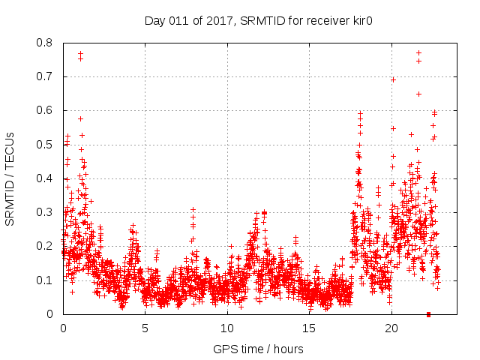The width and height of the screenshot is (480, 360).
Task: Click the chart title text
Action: [x=259, y=21]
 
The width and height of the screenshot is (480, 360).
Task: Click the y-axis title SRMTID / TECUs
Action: [x=10, y=178]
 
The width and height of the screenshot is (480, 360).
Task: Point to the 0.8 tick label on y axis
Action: [x=46, y=43]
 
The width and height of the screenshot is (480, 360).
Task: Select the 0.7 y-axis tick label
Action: [x=46, y=76]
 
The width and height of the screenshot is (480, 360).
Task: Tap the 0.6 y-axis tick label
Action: [x=46, y=110]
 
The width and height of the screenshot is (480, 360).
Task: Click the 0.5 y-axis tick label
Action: [x=46, y=144]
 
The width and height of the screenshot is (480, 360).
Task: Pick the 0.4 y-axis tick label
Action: [x=46, y=178]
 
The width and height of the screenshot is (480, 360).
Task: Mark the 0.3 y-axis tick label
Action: [x=46, y=212]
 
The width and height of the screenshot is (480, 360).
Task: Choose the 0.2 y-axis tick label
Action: [x=46, y=246]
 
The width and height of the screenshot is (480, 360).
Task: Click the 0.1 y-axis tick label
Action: [x=46, y=280]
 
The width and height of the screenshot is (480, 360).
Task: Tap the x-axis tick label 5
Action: [x=145, y=328]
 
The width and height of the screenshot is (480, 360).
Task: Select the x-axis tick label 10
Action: [x=227, y=328]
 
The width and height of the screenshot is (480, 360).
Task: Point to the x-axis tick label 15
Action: [x=310, y=328]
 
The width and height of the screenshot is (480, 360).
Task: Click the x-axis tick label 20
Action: [x=391, y=328]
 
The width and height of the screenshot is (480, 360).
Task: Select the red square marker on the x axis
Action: [x=428, y=313]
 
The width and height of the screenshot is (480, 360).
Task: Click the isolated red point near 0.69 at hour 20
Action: [x=392, y=79]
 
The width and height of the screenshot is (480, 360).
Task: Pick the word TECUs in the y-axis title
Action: [x=10, y=147]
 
